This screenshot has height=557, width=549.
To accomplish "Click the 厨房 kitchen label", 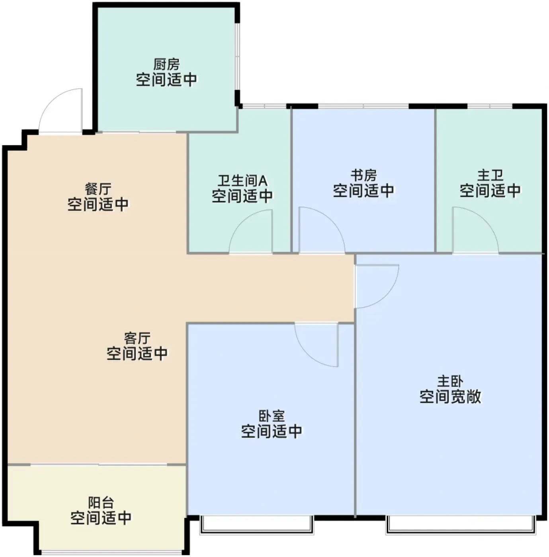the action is pos(166,64).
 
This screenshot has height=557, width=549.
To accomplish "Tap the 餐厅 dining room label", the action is pos(98,189).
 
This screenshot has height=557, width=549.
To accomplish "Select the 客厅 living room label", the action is pos(137,338).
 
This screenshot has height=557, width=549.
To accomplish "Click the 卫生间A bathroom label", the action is pos(242,181).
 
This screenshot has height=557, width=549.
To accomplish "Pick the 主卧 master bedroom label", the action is pos(450,382).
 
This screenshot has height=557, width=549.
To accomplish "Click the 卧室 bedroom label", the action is pos(272,416).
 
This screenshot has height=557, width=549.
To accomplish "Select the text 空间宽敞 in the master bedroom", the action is pos(450,397).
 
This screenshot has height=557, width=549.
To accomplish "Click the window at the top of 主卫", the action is pos(490,106).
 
